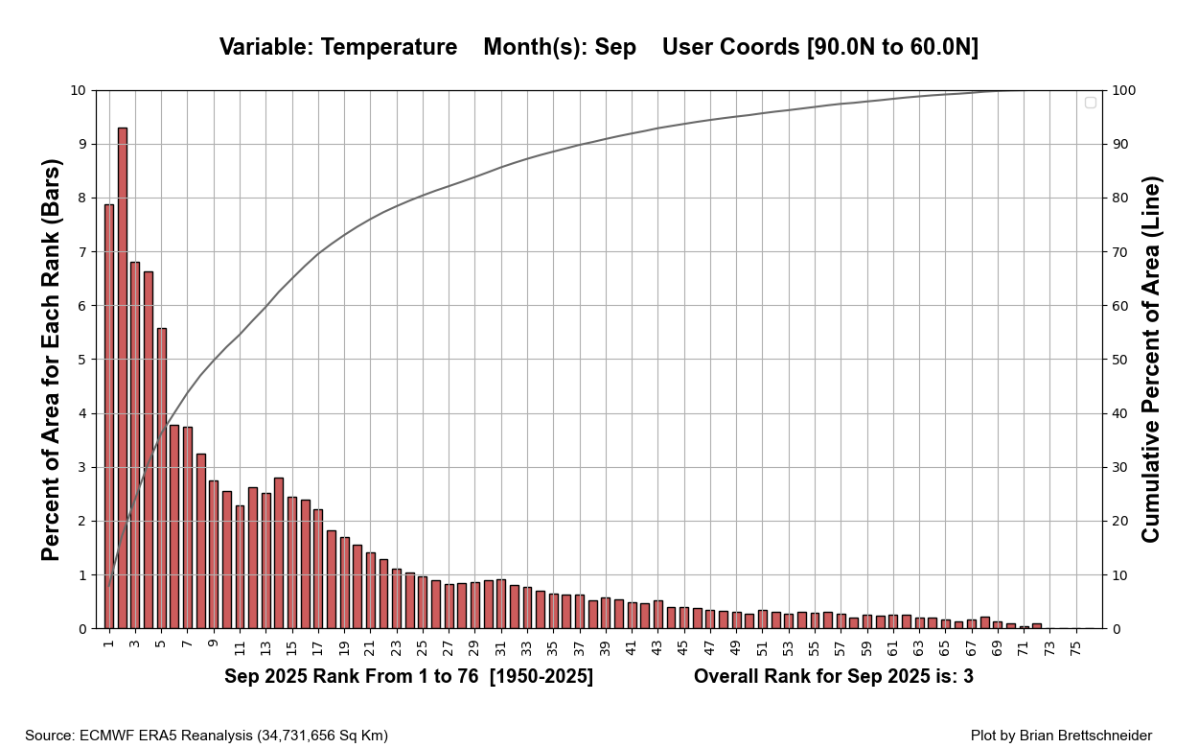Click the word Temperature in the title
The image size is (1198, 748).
tap(388, 47)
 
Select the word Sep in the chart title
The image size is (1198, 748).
tap(615, 47)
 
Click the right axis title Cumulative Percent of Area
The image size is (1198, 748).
tap(1151, 360)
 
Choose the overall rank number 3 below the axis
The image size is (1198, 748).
tap(968, 677)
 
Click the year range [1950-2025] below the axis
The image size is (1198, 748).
tap(541, 677)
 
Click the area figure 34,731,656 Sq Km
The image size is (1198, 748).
tap(321, 736)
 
